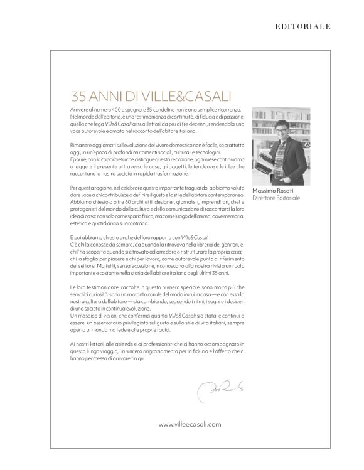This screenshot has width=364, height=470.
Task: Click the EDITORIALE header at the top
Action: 303,26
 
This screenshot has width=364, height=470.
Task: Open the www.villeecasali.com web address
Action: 190,424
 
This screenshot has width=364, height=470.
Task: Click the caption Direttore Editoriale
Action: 276,198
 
